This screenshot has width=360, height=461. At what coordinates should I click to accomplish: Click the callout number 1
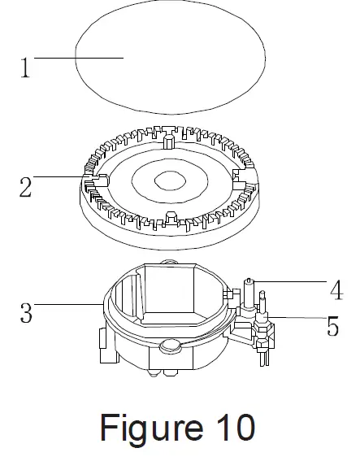pos(25,67)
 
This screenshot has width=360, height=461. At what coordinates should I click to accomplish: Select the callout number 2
pos(25,188)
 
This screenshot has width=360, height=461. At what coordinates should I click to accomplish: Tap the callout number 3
pos(26,313)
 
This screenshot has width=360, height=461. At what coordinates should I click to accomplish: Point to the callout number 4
pos(336,290)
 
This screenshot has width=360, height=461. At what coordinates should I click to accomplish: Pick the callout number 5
pos(333,326)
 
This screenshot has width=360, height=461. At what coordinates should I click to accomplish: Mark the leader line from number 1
pos(79,58)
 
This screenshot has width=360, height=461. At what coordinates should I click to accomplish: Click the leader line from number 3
pos(68,304)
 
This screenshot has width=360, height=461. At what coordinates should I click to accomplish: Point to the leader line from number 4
pos(290,281)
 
